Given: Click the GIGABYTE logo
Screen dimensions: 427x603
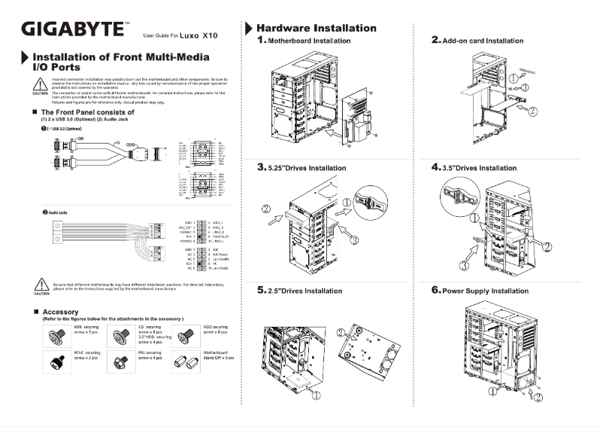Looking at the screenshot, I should click(72, 29).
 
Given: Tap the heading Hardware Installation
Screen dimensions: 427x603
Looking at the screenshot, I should click(317, 28).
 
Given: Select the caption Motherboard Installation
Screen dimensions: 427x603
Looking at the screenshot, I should click(308, 41).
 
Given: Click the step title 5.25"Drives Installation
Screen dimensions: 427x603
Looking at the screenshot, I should click(307, 167).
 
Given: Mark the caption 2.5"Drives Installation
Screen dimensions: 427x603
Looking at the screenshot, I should click(305, 290).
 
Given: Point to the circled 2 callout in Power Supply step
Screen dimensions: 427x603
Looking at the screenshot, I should click(538, 398).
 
